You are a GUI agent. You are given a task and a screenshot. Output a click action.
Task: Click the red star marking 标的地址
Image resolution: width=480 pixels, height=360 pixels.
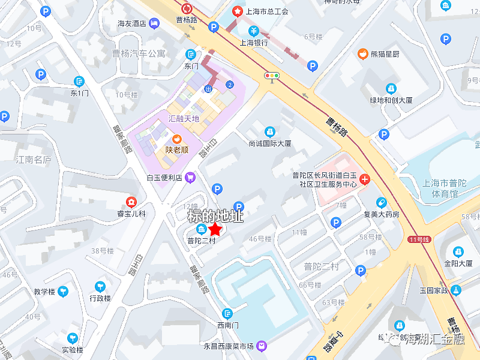(x=215, y=229)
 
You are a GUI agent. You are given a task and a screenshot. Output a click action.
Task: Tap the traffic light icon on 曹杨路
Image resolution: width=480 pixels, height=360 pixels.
(x=272, y=76)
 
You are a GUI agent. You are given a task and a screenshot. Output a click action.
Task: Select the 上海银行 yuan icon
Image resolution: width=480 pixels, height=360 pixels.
(x=254, y=31)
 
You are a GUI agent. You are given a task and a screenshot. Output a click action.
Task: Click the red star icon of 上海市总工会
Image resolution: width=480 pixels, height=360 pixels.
(x=237, y=11)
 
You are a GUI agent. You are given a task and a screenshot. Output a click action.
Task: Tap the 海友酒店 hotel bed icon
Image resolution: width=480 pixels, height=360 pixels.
(x=155, y=23)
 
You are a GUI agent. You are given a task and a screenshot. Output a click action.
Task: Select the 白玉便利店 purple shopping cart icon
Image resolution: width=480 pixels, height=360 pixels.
(x=190, y=177)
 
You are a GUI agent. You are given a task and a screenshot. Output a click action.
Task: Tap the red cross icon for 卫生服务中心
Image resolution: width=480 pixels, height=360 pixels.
(x=365, y=179)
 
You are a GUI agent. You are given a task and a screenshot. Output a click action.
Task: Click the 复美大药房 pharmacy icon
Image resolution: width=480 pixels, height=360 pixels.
(x=381, y=202)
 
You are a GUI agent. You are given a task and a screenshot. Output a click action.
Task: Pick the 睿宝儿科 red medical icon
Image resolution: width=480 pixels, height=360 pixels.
(x=130, y=202)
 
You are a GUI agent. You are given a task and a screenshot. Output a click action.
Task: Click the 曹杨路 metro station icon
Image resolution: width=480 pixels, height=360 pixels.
(x=187, y=8)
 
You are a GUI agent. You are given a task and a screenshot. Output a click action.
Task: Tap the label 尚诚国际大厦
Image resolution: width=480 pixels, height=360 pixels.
(x=269, y=143)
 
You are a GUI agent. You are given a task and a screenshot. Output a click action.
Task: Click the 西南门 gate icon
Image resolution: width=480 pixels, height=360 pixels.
(x=227, y=313)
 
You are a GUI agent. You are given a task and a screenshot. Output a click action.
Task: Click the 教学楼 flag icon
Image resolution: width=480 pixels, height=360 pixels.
(x=63, y=292)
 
